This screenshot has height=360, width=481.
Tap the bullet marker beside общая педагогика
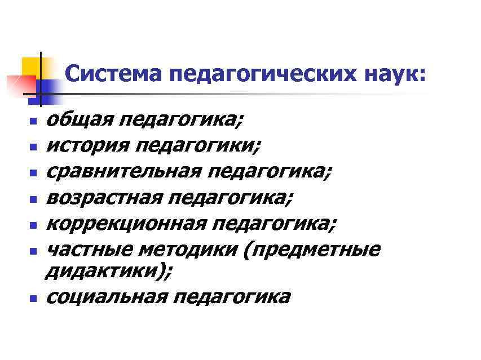click(33, 121)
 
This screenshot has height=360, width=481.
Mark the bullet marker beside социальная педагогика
click(33, 297)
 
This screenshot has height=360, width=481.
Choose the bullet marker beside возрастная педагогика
click(33, 198)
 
